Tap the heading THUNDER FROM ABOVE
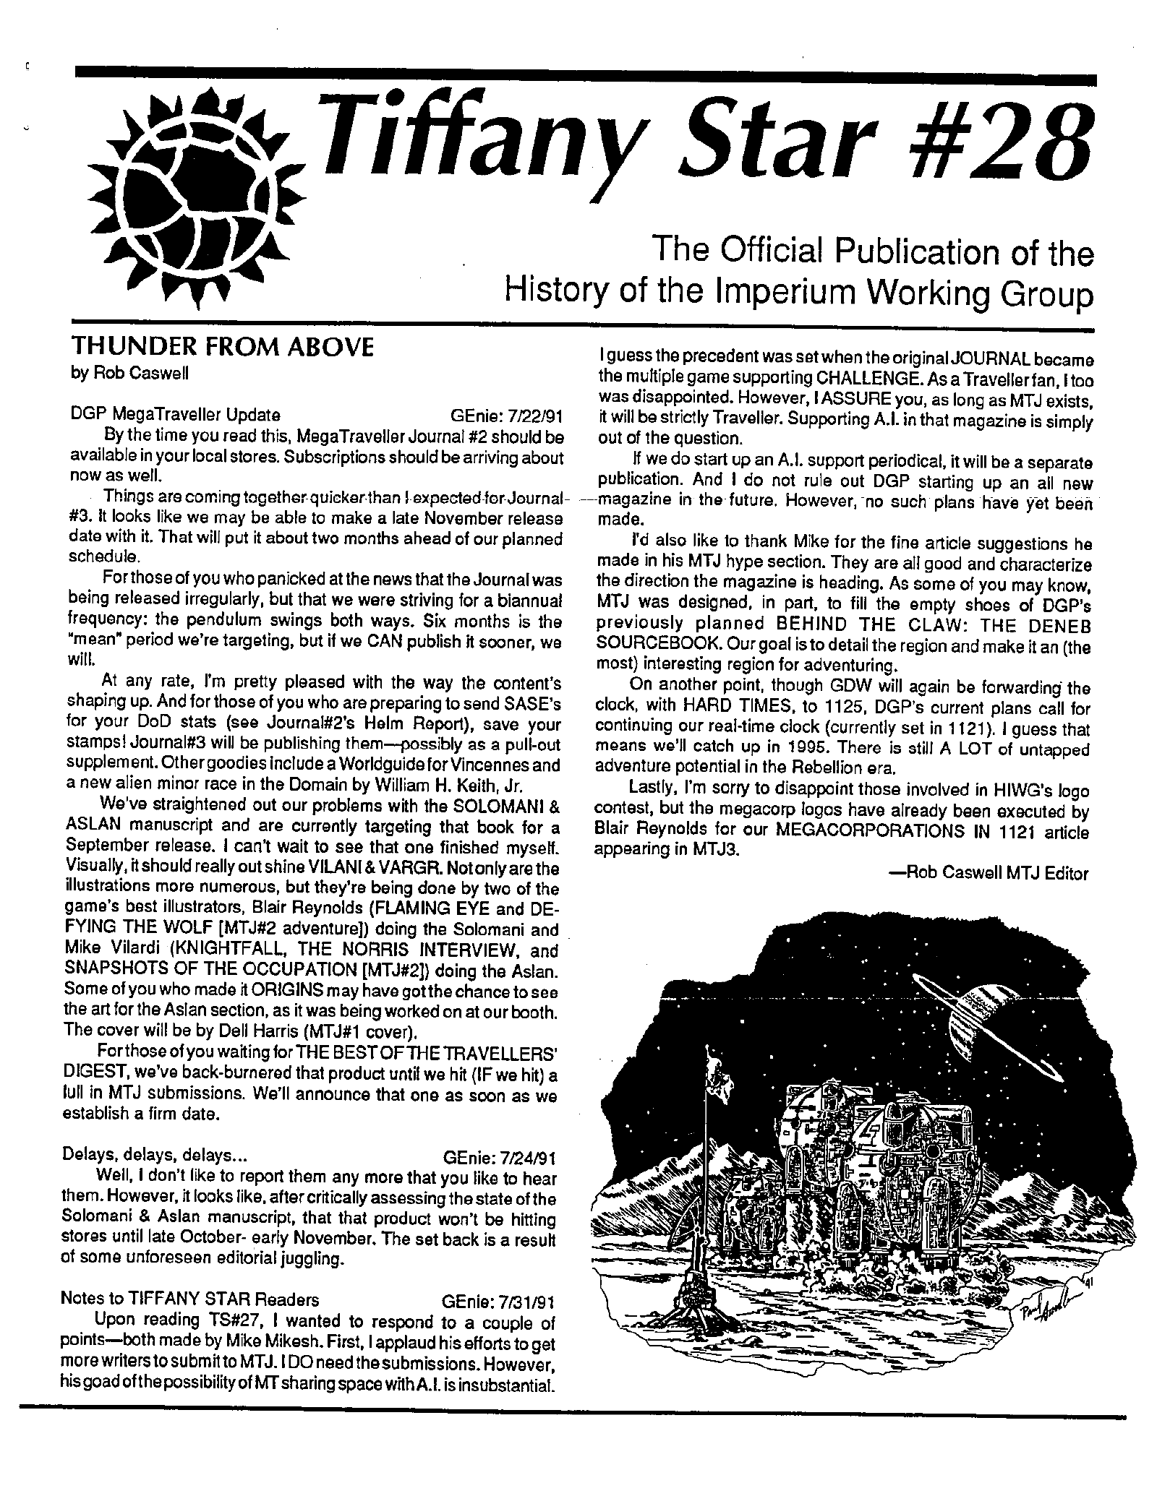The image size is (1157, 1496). click(221, 348)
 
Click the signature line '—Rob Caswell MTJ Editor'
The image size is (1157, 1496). click(989, 874)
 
